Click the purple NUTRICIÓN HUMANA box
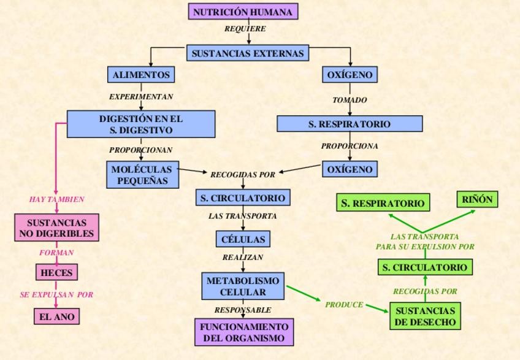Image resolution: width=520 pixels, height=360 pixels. coord(243,12)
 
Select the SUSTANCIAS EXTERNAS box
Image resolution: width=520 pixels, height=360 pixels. coord(247,53)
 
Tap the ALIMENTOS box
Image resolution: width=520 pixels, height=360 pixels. coord(140,75)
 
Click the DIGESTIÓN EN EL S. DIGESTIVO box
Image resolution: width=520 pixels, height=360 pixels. coord(141,124)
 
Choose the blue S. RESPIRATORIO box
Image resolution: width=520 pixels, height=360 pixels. coord(350,124)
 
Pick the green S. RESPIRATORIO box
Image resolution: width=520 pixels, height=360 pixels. coord(383,203)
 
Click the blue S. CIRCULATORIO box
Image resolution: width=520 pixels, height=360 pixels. coord(243,198)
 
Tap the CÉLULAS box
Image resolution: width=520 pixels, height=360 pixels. coord(243,239)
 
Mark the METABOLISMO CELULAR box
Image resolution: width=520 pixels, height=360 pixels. coord(243,286)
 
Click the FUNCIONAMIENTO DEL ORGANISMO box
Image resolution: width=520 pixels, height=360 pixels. coord(243,332)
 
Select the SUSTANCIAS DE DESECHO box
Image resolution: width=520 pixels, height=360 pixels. coord(424,316)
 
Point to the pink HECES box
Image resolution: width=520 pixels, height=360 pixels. coord(56,272)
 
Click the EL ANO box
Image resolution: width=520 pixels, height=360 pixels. coord(56,316)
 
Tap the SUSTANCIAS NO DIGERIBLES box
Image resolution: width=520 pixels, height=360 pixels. coord(56,228)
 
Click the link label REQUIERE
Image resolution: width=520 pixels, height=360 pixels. coord(245,29)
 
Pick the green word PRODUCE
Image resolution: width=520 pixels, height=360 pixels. coord(344,304)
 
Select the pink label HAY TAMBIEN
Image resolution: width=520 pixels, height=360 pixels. coord(56,199)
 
